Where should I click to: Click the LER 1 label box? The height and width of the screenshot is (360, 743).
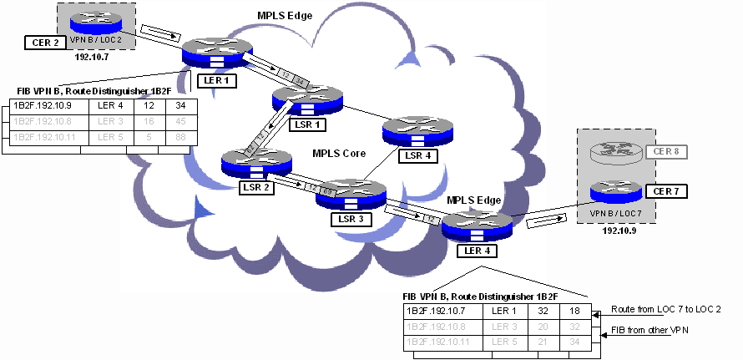(217, 80)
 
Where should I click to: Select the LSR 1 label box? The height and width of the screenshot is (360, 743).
(305, 124)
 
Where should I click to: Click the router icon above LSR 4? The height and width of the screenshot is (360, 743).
(417, 129)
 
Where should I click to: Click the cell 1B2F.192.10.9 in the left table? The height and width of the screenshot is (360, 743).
(43, 106)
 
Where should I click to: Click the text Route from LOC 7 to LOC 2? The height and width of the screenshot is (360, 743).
(666, 309)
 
